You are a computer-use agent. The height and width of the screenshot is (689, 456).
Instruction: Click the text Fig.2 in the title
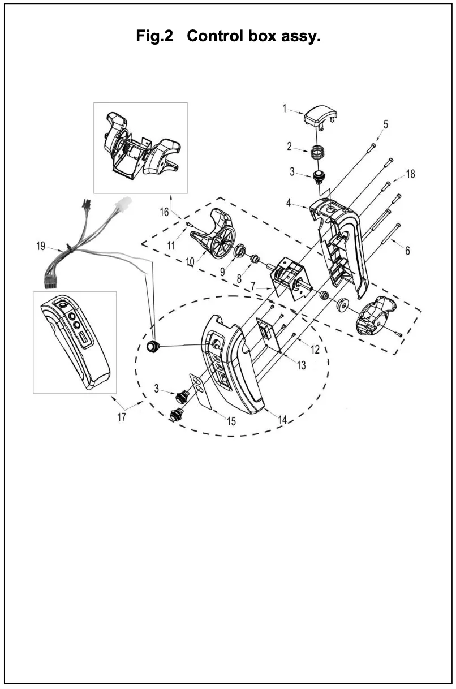click(x=154, y=37)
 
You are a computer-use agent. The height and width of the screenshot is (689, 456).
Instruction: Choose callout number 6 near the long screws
click(x=407, y=249)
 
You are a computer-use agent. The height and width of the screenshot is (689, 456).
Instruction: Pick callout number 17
click(x=122, y=419)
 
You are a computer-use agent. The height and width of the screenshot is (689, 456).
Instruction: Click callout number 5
click(x=385, y=124)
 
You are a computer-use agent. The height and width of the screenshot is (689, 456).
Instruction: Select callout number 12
click(x=315, y=350)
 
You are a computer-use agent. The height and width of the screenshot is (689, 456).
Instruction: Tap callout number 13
click(x=301, y=366)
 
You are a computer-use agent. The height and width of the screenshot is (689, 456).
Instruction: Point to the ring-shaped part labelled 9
click(x=240, y=249)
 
